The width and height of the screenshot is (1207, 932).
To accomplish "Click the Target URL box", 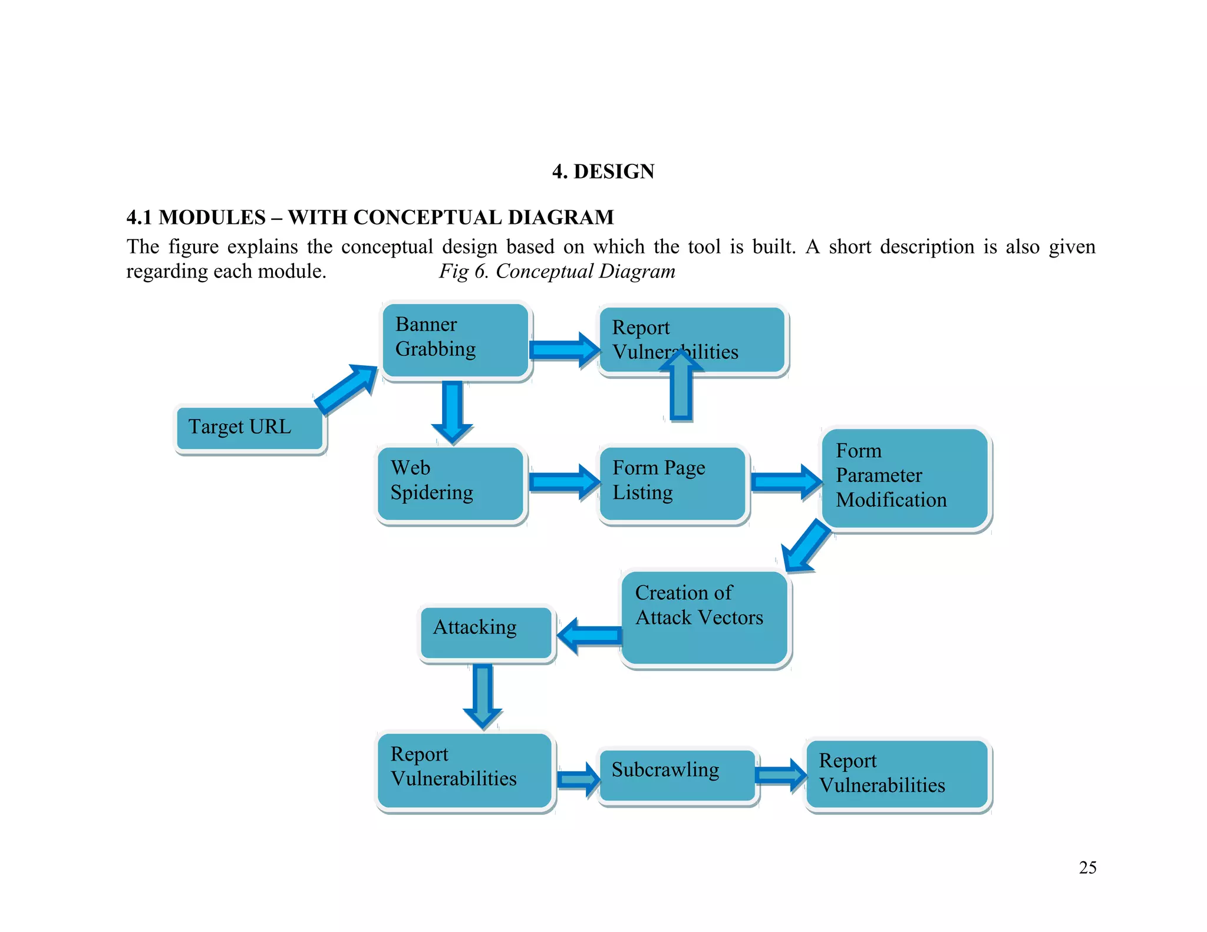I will (250, 428).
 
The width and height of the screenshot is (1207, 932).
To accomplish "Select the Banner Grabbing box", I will (456, 340).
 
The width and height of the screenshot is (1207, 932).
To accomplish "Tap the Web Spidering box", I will (451, 483).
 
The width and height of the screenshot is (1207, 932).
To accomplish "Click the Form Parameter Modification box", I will (905, 478).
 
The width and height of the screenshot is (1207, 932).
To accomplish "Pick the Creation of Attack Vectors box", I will (705, 617).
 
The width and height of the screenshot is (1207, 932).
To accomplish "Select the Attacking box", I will (486, 632).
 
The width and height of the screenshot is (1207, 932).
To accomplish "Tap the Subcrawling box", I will (677, 774).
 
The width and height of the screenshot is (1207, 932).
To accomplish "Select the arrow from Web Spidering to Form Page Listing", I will (563, 482).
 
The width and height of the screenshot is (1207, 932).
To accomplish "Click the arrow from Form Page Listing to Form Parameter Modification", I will (786, 482).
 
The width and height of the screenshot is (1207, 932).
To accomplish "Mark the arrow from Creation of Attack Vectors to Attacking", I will (590, 636).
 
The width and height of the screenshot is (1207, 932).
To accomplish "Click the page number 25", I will (1087, 867).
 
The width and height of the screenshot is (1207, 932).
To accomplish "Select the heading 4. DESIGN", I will (603, 171).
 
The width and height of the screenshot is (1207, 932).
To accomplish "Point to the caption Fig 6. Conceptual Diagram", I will (557, 272).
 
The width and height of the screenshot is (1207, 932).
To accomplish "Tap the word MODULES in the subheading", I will (212, 217).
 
